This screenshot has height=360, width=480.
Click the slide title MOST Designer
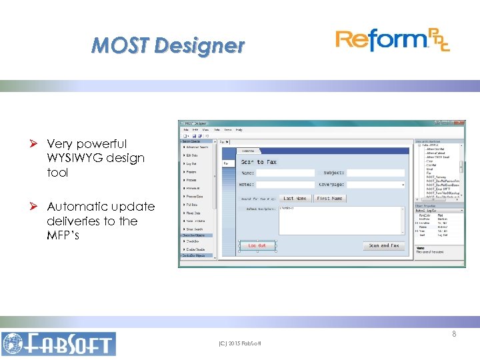pos(168,45)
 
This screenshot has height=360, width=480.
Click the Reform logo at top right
pos(393,41)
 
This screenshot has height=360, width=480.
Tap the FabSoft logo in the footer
pos(58,343)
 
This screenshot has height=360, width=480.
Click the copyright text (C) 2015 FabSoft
pos(240,343)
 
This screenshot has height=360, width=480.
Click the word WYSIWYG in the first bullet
pos(75,158)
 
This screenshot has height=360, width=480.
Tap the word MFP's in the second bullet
pos(65,235)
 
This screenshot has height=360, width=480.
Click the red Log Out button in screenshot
pos(257,245)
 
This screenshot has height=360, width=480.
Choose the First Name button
pos(329,198)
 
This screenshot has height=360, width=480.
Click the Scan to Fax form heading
pos(259,162)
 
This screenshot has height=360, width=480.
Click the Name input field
pos(285,173)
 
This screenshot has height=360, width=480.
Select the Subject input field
pos(375,173)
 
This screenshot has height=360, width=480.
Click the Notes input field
pos(285,184)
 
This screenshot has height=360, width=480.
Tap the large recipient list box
pos(340,220)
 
